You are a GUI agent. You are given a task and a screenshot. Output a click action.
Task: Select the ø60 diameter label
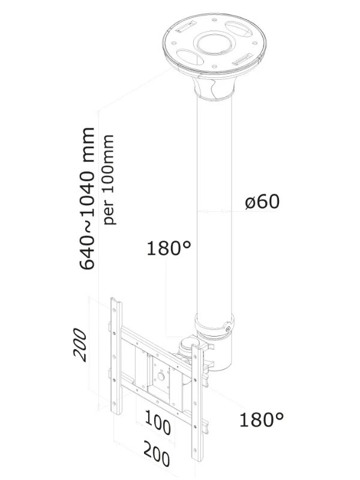click(x=262, y=202)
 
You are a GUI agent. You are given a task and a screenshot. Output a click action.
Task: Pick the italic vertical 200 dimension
click(x=80, y=345)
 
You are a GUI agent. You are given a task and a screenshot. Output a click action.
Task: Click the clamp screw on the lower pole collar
click(x=226, y=328)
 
